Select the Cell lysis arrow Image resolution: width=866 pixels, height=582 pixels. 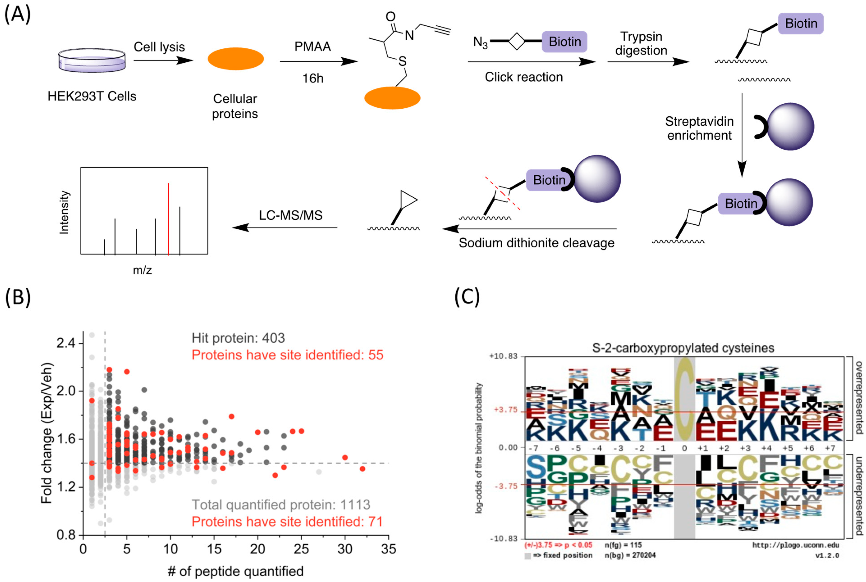(x=163, y=60)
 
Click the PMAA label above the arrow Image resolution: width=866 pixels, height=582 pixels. (x=313, y=47)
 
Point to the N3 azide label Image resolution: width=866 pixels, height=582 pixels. (x=480, y=42)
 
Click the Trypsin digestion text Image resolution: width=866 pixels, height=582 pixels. (x=641, y=43)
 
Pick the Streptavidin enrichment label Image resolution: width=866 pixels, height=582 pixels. (x=699, y=128)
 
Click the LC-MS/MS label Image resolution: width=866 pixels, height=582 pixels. (x=291, y=215)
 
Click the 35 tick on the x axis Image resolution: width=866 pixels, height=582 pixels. (x=388, y=549)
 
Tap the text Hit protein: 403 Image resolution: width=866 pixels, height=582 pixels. (x=238, y=338)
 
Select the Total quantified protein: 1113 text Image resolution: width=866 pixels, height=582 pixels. (x=281, y=505)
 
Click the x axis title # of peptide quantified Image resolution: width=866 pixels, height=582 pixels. (x=236, y=571)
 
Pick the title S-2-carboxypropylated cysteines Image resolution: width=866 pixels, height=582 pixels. (x=683, y=348)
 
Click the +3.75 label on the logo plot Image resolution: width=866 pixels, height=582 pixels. (x=506, y=410)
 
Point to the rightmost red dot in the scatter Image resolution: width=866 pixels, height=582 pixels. (x=362, y=469)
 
